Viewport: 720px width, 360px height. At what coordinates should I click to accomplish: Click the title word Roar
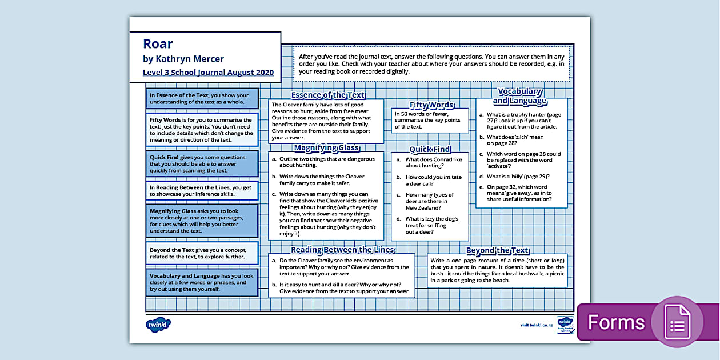coord(158,44)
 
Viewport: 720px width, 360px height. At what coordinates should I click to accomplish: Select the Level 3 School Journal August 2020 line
coord(208,73)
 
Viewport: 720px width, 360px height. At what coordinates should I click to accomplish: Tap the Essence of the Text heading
coord(328,95)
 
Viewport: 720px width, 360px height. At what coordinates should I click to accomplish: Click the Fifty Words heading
coord(431,105)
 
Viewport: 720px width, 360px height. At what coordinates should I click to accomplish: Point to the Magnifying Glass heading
coord(326,147)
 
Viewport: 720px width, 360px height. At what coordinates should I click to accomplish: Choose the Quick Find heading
coord(430,149)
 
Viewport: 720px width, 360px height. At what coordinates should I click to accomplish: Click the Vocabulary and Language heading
coord(519,96)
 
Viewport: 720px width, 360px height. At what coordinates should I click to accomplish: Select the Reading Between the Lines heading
coord(342,249)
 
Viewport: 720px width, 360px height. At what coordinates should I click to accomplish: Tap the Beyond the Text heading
coord(497,250)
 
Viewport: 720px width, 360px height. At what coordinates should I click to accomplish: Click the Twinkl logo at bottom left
coord(158,325)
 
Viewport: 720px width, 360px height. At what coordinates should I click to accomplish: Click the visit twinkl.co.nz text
coord(536,325)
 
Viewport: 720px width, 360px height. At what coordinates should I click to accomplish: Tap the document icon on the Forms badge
coord(677,322)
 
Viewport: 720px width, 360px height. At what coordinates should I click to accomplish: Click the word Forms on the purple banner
coord(615,322)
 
